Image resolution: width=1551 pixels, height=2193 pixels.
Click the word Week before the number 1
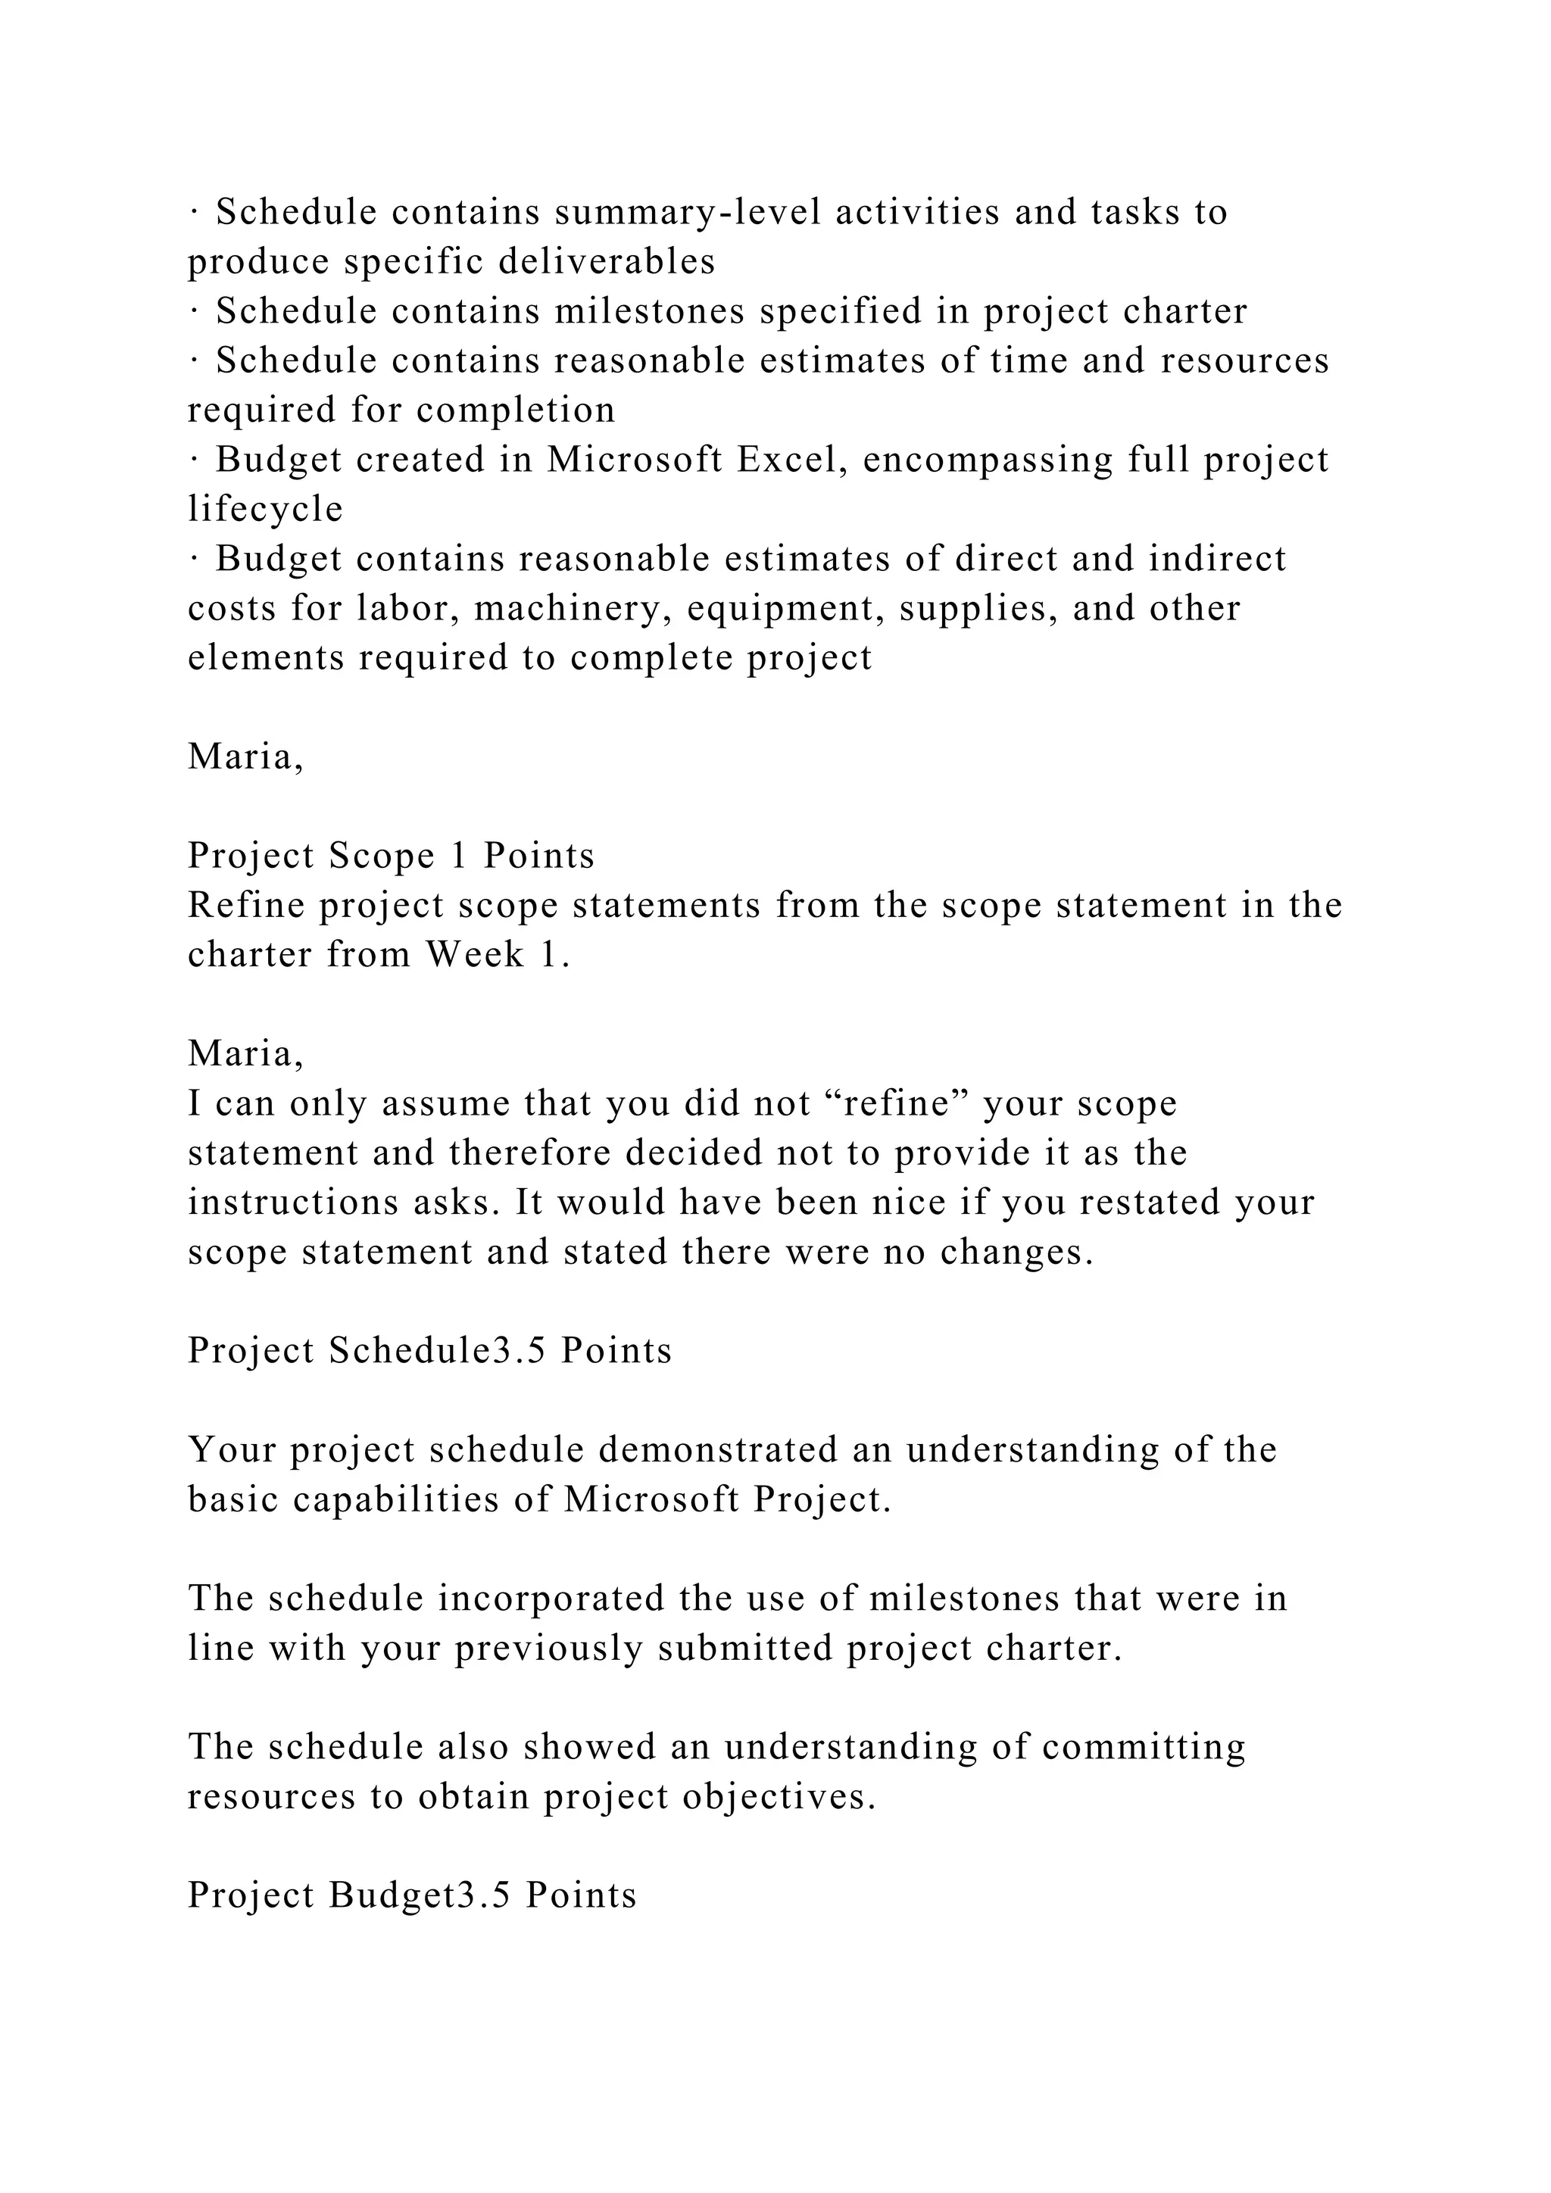pos(476,955)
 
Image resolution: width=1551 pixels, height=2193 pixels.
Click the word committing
pos(1144,1747)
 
